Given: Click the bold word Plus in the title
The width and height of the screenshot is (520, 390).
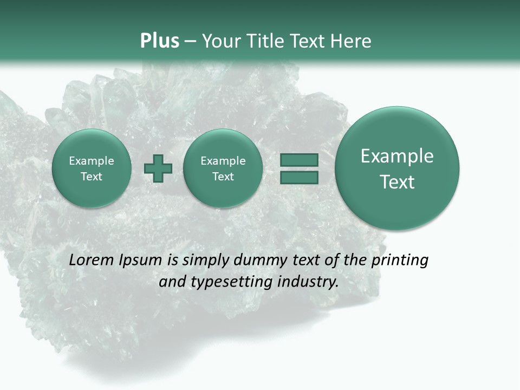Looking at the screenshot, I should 159,41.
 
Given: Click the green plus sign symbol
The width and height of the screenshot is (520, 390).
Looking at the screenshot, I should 158,168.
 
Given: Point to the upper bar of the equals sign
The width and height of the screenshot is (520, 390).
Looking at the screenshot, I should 298,160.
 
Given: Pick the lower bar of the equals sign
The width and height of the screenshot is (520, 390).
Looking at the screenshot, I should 298,177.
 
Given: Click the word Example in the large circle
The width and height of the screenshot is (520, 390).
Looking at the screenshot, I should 397,156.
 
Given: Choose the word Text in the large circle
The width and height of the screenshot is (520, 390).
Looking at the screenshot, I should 397,182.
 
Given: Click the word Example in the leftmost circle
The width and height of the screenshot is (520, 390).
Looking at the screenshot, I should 91,161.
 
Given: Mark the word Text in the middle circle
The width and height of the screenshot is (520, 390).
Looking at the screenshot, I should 223,177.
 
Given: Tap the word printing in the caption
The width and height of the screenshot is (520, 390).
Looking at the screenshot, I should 400,261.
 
